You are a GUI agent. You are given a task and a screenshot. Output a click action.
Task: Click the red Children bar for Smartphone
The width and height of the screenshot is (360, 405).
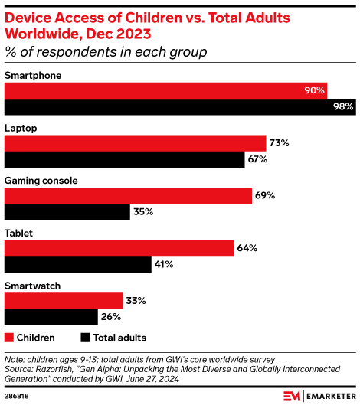[x=165, y=90]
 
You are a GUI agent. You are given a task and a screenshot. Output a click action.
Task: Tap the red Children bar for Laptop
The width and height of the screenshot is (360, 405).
[x=135, y=143]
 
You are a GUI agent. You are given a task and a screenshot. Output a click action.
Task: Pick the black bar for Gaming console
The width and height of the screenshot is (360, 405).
[x=67, y=211]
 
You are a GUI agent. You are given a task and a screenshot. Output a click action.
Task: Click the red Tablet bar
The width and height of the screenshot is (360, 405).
[x=119, y=248]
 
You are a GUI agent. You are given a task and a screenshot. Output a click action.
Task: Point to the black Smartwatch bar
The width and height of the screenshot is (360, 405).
[x=51, y=316]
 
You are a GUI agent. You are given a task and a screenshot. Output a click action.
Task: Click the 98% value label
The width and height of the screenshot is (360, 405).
[x=342, y=107]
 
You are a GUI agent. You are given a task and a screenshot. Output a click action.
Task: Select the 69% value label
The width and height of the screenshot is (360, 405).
[x=265, y=195]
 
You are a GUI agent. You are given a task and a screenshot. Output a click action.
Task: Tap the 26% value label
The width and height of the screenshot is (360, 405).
[x=111, y=316]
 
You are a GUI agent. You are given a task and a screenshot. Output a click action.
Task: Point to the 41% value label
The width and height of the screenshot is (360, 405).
[x=164, y=264]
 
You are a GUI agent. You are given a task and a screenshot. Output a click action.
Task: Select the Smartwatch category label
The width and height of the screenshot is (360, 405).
[x=32, y=286]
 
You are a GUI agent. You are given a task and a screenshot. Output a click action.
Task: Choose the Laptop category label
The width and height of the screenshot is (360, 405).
[x=21, y=128]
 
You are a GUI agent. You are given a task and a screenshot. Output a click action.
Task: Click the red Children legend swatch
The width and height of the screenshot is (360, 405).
[x=9, y=337]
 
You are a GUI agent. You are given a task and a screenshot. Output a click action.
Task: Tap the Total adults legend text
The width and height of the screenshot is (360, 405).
[x=119, y=337]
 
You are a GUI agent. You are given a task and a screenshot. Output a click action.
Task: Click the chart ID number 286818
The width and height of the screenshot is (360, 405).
[x=18, y=396]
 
